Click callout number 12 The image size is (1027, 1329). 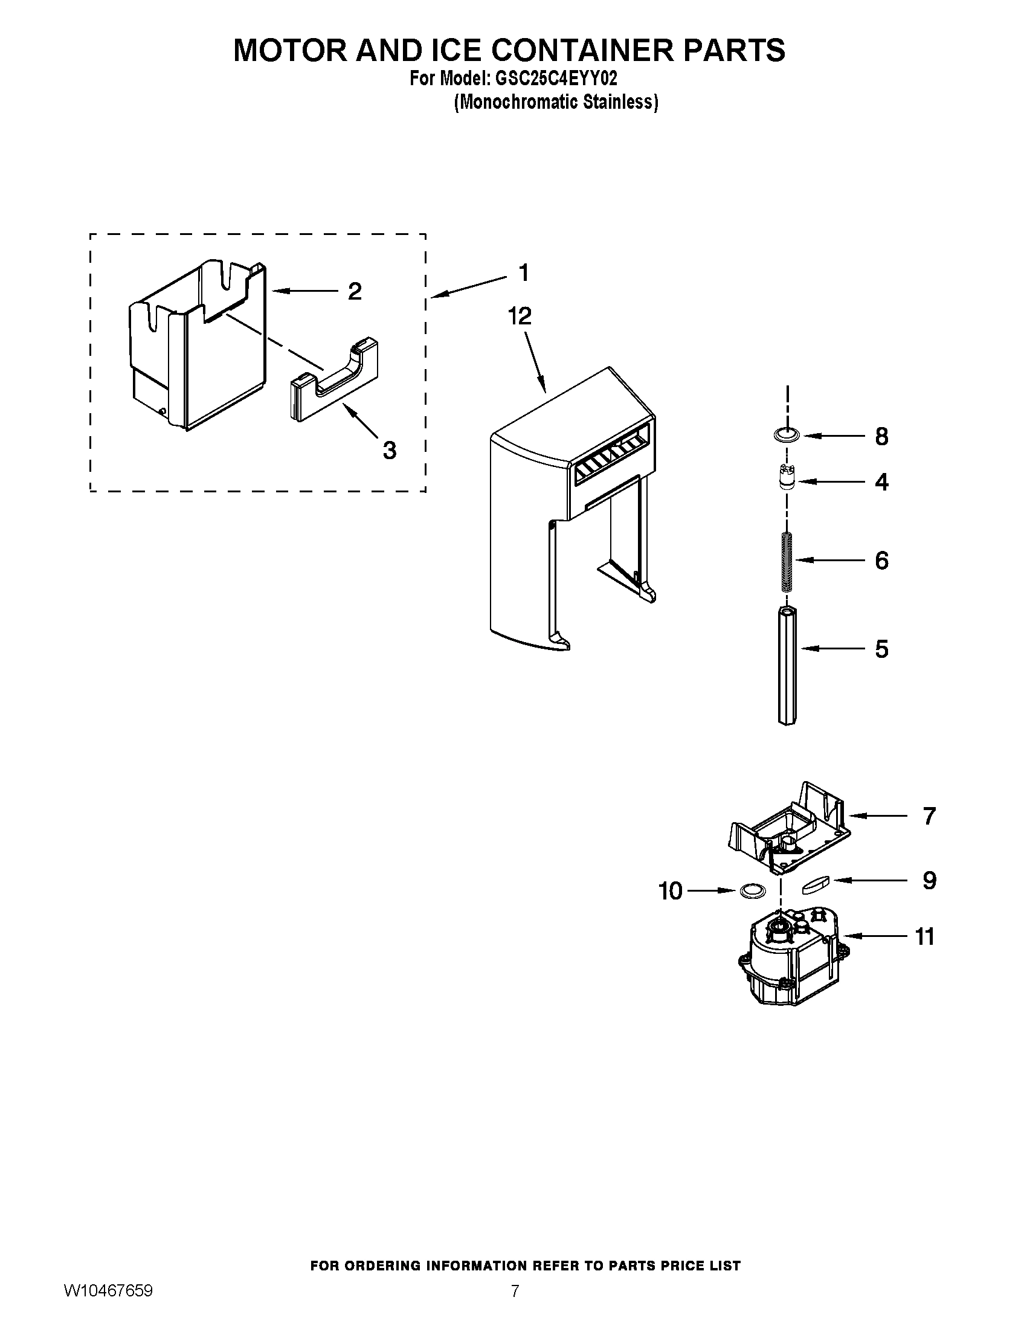point(520,316)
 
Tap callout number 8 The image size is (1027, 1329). point(881,436)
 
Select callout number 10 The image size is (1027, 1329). point(671,891)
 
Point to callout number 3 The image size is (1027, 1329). point(390,450)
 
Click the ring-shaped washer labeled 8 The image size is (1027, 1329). point(786,434)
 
